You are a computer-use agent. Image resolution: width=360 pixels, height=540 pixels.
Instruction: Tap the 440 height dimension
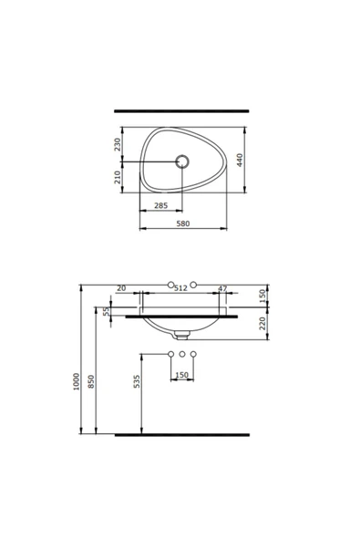coord(240,159)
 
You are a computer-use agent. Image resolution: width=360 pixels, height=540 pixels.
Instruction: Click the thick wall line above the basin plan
coord(180,111)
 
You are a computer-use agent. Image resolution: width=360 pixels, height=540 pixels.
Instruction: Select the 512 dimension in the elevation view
coord(180,288)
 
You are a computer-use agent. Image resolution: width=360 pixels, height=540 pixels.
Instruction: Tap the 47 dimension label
coord(222,288)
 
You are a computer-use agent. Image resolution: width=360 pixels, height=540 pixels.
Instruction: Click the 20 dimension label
coord(122,288)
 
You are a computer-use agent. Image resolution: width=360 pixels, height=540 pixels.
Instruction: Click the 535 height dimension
coord(137,381)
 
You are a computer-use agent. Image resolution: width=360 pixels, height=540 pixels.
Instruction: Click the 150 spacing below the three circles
coord(181,375)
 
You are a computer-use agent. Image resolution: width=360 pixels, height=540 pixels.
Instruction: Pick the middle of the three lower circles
coord(182,353)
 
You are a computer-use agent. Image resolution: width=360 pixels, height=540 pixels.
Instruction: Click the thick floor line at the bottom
coord(180,435)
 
